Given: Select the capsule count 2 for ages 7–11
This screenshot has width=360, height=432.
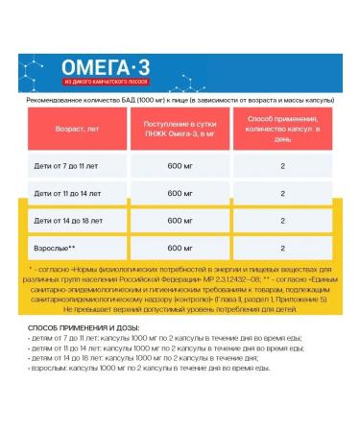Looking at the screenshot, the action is click(x=283, y=166).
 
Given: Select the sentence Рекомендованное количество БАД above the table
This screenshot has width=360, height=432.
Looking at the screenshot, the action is click(x=180, y=99).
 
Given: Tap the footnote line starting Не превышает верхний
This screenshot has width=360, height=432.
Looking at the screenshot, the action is click(x=180, y=309).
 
